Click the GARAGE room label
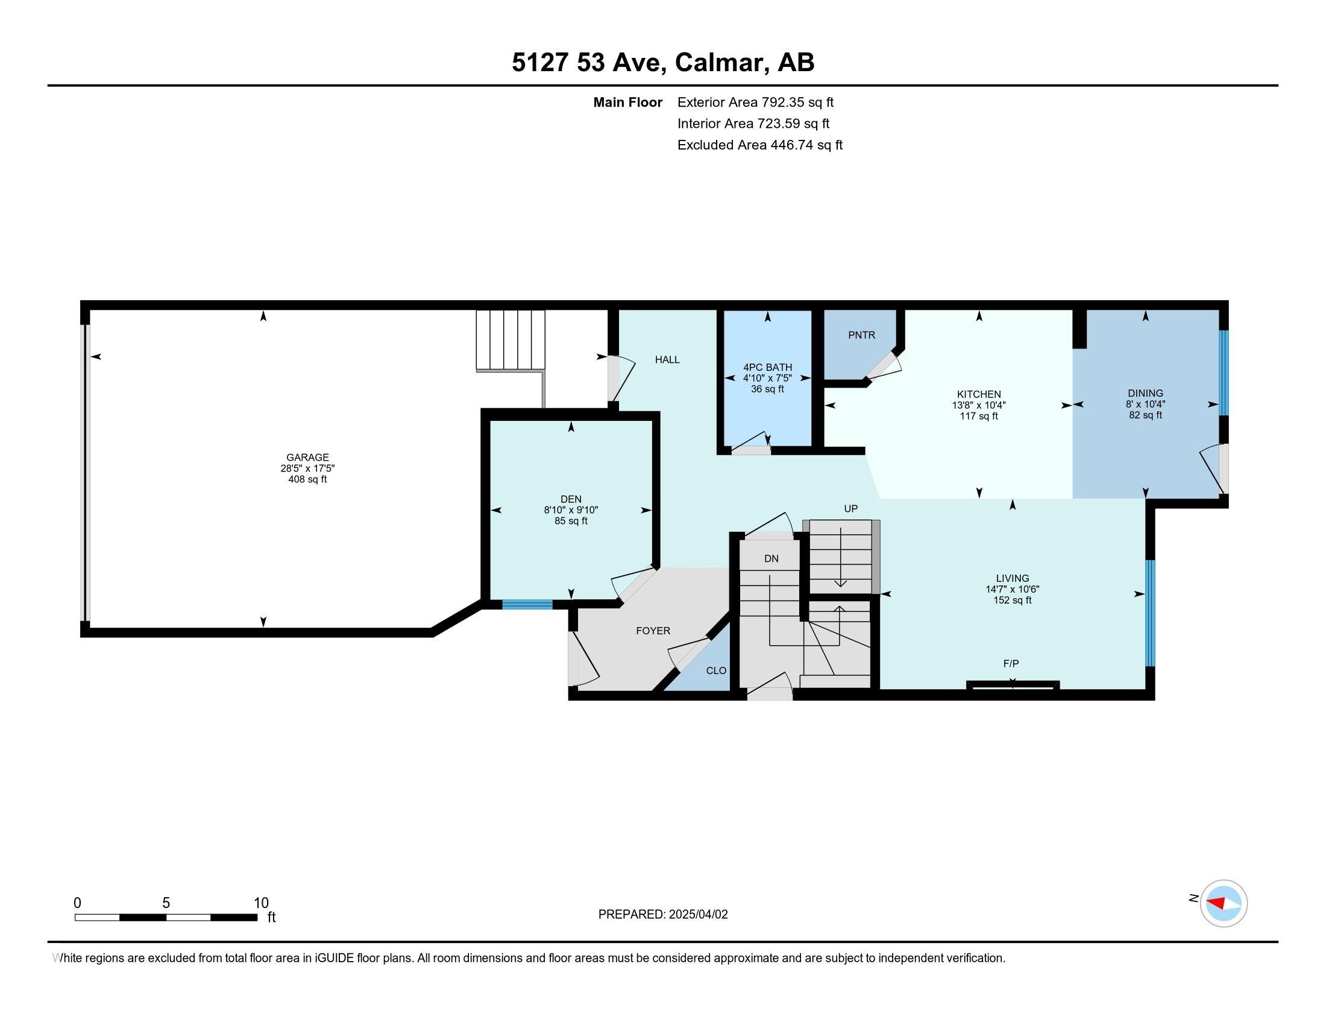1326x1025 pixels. click(308, 457)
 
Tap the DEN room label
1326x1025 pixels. click(571, 499)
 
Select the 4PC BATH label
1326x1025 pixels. click(767, 367)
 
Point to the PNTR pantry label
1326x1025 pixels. click(861, 335)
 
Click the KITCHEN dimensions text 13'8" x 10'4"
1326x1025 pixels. click(979, 405)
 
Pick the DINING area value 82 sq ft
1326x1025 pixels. click(1145, 415)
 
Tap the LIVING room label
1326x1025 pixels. click(1012, 578)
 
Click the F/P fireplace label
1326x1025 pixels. click(1011, 664)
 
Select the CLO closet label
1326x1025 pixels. click(717, 670)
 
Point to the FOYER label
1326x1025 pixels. click(653, 631)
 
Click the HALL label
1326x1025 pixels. click(667, 359)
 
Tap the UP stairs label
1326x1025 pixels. click(850, 509)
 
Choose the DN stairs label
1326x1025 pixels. click(771, 559)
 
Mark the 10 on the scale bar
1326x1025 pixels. click(261, 903)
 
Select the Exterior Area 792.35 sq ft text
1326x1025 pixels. click(755, 102)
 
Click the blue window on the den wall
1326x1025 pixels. click(527, 604)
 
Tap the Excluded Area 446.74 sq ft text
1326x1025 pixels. click(760, 145)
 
